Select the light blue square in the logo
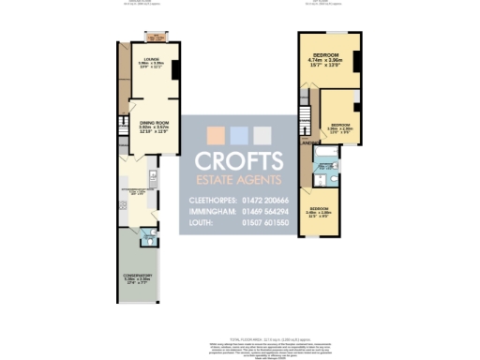[239, 134]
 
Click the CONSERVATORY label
[137, 276]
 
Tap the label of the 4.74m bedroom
[327, 57]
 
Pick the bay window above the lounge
[152, 37]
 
